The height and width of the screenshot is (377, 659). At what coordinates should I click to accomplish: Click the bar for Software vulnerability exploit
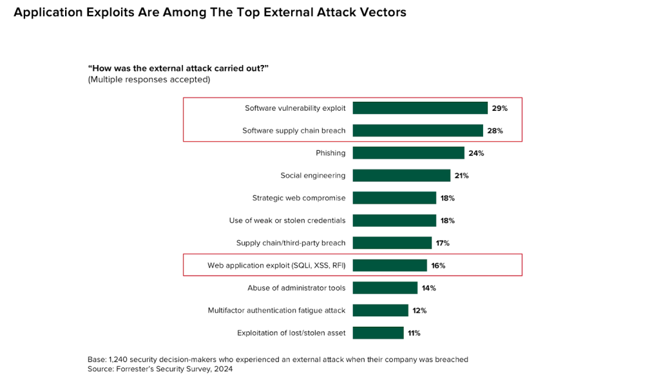point(419,108)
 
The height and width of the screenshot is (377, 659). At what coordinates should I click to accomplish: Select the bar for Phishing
point(408,153)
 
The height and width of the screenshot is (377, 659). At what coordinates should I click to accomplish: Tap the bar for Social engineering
point(401,175)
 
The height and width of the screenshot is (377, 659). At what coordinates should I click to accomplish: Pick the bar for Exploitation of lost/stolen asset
point(377,333)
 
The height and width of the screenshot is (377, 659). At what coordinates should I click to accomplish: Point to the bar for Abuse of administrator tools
point(385,288)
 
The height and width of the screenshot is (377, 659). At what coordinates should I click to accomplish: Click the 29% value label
point(500,108)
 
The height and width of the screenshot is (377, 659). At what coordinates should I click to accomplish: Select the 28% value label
point(495,131)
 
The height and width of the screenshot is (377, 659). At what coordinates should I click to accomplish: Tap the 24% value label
point(476,153)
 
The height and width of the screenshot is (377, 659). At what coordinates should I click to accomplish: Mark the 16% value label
point(438,266)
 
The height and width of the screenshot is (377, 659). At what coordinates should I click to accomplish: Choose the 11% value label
point(414,333)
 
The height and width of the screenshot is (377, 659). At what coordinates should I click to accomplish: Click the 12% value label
point(419,311)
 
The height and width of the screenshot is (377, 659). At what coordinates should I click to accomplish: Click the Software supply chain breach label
point(294,131)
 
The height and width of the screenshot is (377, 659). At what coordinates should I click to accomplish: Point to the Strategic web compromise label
point(299,198)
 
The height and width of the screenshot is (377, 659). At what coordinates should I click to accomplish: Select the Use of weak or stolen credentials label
point(287,220)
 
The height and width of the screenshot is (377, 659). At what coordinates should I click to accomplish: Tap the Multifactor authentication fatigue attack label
point(276,311)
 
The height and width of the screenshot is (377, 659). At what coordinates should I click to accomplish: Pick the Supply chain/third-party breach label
point(291,243)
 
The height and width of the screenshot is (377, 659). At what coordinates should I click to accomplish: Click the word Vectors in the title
point(383,13)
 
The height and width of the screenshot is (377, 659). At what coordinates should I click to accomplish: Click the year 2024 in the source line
point(221,369)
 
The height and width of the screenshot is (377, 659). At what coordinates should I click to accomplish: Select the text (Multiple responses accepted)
point(149,80)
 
